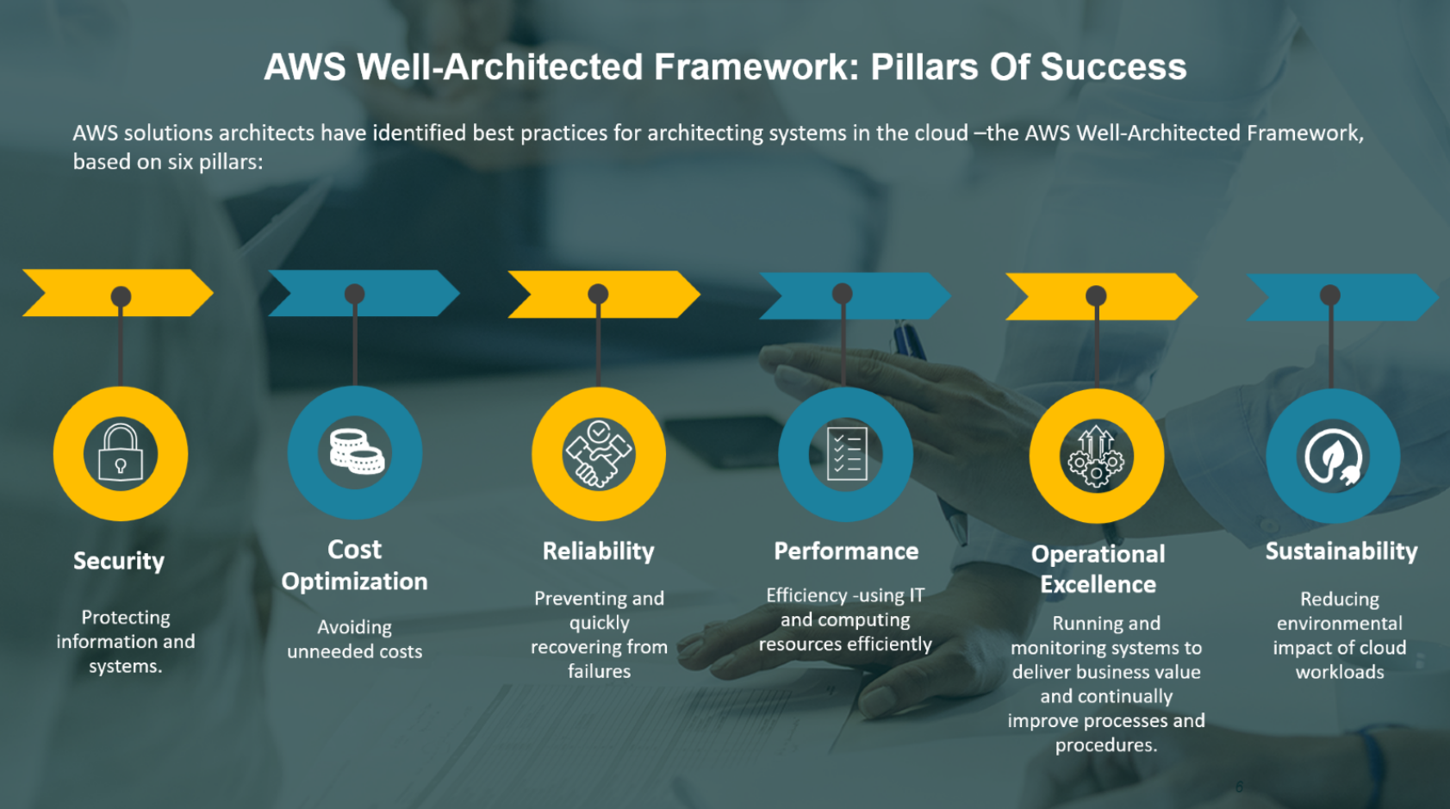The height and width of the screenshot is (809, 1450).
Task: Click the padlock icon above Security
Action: pyautogui.click(x=121, y=453)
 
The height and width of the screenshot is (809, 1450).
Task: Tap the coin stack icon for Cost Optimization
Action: pyautogui.click(x=356, y=451)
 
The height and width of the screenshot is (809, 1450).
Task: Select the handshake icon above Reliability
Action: pyautogui.click(x=599, y=453)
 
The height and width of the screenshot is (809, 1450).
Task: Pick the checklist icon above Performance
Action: pyautogui.click(x=846, y=454)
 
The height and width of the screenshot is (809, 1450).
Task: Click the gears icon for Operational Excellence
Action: pyautogui.click(x=1096, y=457)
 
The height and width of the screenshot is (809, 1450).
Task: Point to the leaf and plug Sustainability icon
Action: pyautogui.click(x=1333, y=457)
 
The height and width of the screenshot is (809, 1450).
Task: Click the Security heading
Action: pyautogui.click(x=119, y=561)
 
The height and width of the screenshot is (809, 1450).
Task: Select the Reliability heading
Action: pyautogui.click(x=599, y=551)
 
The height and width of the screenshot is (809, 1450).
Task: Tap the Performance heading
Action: pyautogui.click(x=846, y=551)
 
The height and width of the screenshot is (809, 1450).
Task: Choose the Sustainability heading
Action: pyautogui.click(x=1341, y=551)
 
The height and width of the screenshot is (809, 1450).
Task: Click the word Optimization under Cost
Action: pyautogui.click(x=355, y=582)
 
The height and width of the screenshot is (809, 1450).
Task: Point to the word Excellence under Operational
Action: pyautogui.click(x=1098, y=584)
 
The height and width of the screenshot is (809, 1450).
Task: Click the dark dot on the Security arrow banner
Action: pyautogui.click(x=121, y=296)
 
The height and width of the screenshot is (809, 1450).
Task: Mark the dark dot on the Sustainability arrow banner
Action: pyautogui.click(x=1330, y=296)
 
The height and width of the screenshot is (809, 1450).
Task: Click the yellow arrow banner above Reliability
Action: pyautogui.click(x=604, y=295)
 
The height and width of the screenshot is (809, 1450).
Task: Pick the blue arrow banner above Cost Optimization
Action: pyautogui.click(x=364, y=293)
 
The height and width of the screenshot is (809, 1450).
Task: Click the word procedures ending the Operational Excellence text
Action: pyautogui.click(x=1106, y=745)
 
